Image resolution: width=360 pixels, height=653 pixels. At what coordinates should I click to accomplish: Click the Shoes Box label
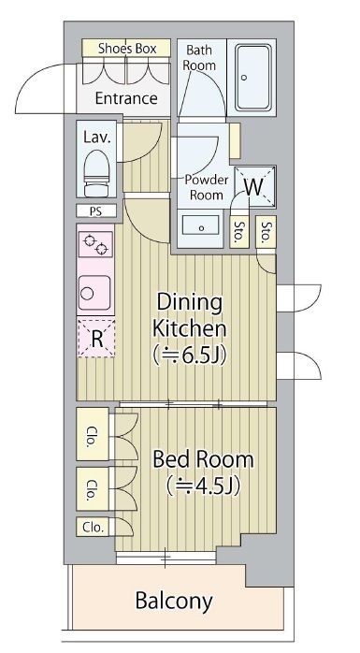point(127,49)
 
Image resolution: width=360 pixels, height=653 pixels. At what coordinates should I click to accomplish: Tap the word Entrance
point(126,98)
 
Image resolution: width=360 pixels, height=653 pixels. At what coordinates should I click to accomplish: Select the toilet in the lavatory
point(96,173)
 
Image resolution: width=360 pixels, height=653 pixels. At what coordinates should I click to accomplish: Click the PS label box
point(96,210)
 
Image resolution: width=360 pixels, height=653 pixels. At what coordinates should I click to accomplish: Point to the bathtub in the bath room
point(253,77)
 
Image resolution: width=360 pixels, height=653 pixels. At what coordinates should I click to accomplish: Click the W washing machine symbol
point(254,187)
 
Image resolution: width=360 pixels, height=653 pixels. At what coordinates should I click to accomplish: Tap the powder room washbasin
point(201,227)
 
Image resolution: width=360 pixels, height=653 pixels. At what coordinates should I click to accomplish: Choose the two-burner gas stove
point(95,245)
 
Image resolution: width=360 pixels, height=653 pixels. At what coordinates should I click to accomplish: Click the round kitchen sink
point(94,293)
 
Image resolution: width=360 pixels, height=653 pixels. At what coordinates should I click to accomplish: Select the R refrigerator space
point(96,338)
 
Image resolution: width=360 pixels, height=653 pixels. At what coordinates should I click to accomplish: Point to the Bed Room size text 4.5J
point(204,486)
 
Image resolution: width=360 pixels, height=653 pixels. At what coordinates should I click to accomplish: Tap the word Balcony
point(174,602)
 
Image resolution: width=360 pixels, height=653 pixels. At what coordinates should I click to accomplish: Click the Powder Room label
point(207,187)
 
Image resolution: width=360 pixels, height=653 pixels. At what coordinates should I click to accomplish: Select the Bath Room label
point(199,58)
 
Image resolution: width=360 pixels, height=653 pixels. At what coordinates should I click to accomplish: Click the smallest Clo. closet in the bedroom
point(93,528)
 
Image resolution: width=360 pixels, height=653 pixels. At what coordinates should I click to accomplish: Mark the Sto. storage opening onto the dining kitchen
point(266,232)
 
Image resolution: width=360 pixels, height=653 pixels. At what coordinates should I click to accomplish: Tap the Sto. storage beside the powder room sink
point(239,232)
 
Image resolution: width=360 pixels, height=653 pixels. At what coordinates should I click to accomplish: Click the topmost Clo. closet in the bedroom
point(93,434)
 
